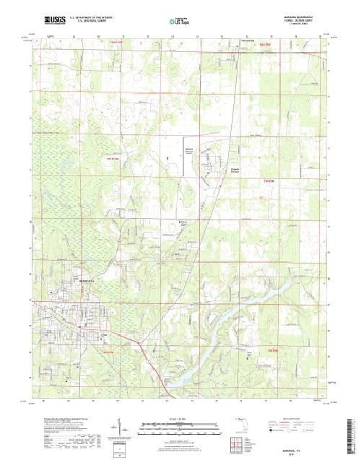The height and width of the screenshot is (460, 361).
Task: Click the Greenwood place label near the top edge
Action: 248,41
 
